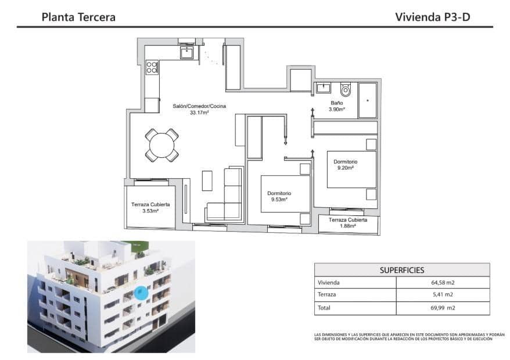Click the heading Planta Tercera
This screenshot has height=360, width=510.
[x=78, y=17]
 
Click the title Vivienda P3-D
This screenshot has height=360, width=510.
[x=432, y=17]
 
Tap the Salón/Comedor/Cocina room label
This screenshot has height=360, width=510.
[x=199, y=106]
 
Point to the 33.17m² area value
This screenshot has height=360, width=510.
[x=199, y=113]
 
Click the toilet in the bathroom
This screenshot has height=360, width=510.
[x=346, y=90]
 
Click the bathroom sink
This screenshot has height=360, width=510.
[x=323, y=88]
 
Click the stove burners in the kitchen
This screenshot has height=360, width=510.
[x=152, y=67]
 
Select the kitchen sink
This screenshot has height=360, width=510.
[x=186, y=53]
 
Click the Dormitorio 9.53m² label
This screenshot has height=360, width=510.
[x=279, y=196]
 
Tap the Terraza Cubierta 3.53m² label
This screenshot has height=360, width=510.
[x=150, y=208]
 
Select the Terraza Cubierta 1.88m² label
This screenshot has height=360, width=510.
[x=347, y=224]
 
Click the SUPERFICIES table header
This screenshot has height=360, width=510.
[x=401, y=270]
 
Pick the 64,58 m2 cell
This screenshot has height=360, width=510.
[x=443, y=283]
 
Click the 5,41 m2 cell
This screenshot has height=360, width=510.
[x=443, y=295]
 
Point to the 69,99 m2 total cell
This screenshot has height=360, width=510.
[x=443, y=308]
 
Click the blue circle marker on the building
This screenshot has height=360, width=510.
[x=141, y=293]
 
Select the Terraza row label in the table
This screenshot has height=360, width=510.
[x=326, y=295]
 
